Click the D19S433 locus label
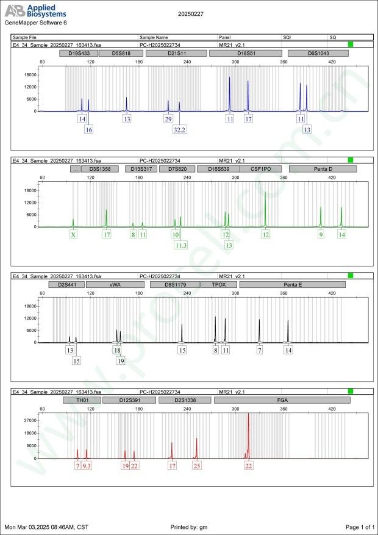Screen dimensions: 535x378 click(x=77, y=54)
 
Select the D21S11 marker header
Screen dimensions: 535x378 click(x=177, y=54)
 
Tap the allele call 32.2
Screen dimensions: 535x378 click(x=179, y=130)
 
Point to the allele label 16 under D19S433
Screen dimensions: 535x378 click(x=89, y=130)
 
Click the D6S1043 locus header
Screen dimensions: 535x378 click(x=318, y=54)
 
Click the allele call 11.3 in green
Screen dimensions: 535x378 click(x=180, y=245)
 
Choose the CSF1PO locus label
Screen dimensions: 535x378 click(x=260, y=169)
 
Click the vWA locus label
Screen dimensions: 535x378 click(x=115, y=284)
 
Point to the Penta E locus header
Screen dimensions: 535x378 click(x=293, y=284)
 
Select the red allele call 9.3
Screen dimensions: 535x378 click(x=87, y=465)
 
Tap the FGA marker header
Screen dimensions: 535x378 click(x=282, y=400)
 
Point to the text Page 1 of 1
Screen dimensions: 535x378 click(x=359, y=526)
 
